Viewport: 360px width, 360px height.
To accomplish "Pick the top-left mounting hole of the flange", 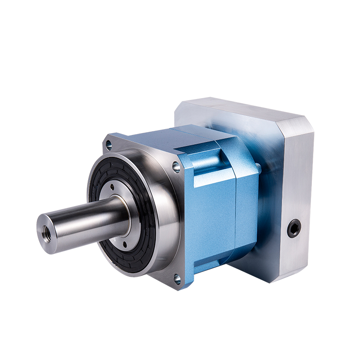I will coord(108,145).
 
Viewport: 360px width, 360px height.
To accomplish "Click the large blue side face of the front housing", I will coord(211,216).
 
